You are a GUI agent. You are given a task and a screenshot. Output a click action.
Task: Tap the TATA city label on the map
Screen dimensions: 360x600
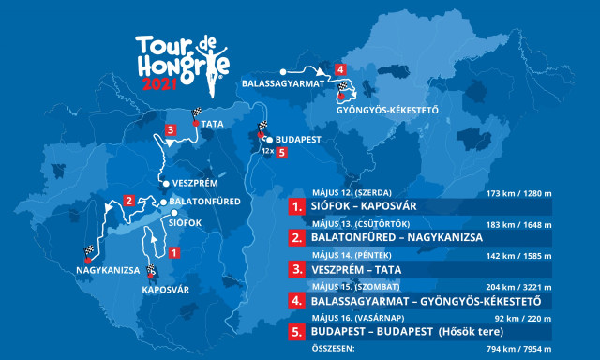coord(213,123)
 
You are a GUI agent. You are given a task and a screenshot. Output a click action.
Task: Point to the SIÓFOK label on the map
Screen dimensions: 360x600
coord(185,223)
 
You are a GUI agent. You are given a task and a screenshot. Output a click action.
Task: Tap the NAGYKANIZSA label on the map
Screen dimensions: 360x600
coord(107,270)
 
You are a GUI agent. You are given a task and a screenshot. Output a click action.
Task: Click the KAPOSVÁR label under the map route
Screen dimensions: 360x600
coord(165,290)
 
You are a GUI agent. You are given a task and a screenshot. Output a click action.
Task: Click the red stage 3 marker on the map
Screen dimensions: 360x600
coord(171,130)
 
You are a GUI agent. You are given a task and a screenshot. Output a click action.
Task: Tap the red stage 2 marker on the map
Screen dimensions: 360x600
coord(129,199)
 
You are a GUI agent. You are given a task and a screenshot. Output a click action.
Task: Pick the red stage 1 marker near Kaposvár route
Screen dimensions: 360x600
coord(173,250)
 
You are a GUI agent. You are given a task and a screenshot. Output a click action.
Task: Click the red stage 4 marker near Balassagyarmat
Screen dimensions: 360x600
coord(340,69)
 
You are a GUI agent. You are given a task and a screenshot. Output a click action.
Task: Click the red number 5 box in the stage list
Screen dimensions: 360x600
coord(296,334)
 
